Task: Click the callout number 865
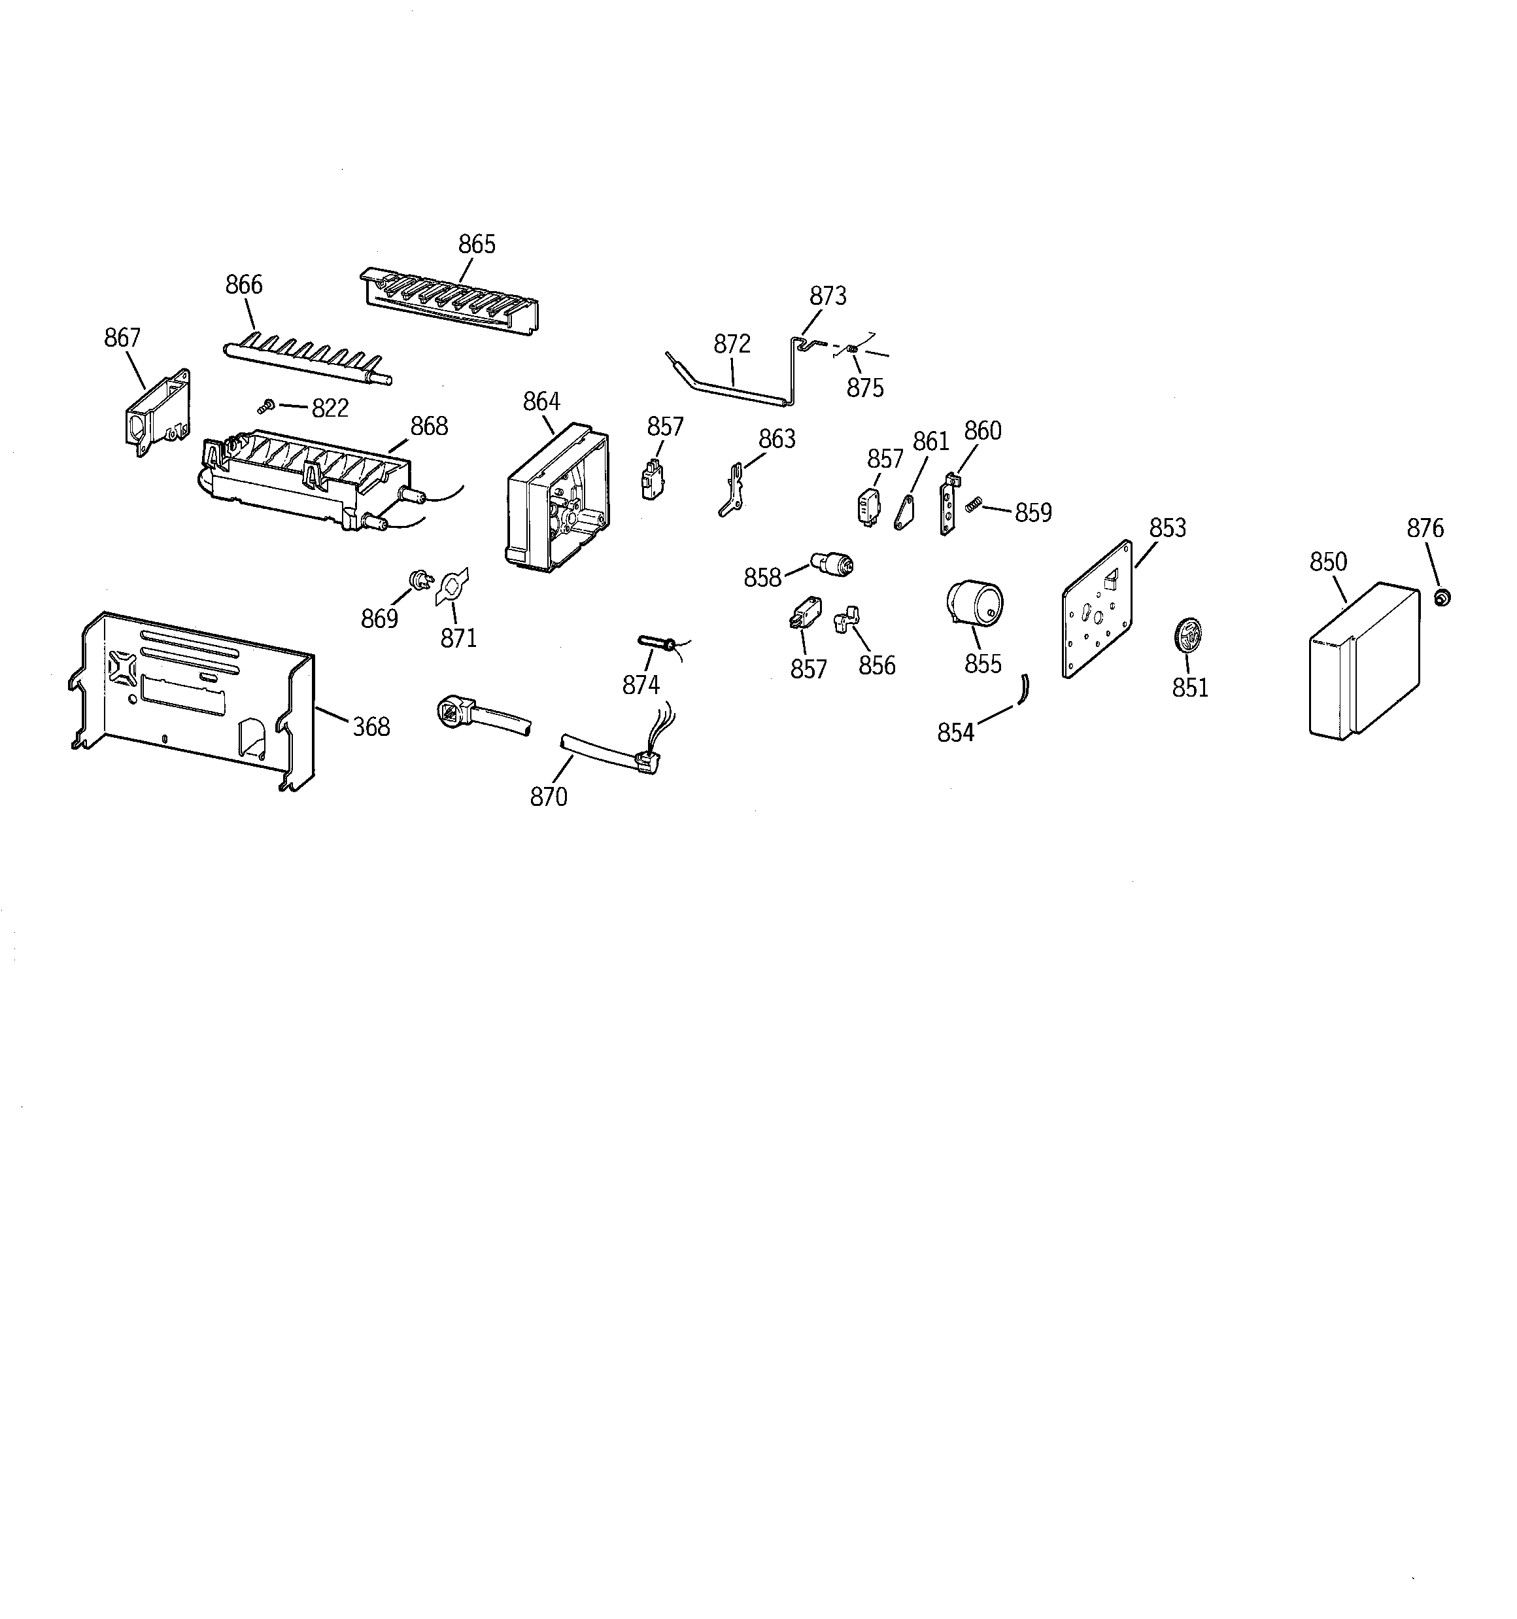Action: (x=477, y=244)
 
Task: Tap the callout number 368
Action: (x=371, y=727)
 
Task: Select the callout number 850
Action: (x=1328, y=562)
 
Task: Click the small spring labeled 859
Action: (x=972, y=506)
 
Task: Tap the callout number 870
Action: (x=548, y=797)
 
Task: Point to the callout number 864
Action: (x=541, y=402)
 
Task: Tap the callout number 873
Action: (x=827, y=296)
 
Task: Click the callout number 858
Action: (x=762, y=578)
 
